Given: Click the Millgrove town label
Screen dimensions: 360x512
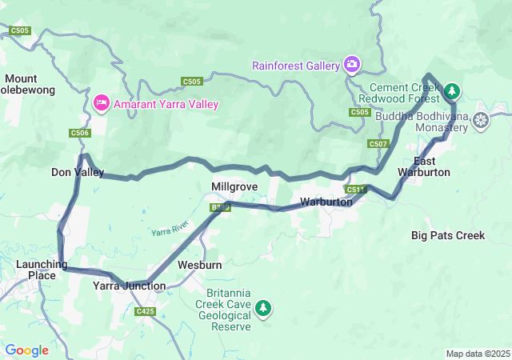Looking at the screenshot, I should (234, 186).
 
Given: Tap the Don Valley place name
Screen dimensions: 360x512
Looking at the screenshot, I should (77, 172).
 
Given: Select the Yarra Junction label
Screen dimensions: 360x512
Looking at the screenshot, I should (129, 286).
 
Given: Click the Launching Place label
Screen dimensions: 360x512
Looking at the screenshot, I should (36, 270).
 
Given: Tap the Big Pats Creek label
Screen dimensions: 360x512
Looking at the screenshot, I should (448, 235).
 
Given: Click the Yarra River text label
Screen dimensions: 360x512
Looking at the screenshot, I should (170, 230).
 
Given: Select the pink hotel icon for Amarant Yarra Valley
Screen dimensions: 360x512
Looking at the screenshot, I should (102, 103).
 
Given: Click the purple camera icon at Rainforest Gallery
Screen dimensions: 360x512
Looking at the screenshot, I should (351, 64).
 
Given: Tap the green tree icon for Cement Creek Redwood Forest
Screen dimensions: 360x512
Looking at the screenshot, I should (452, 92).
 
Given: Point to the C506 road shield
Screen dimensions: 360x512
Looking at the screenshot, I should (80, 134).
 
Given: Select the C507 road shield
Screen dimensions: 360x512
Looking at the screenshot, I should (378, 144).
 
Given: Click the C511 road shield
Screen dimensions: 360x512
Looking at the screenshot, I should (356, 190).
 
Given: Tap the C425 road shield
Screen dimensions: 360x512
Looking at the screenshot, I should (146, 311).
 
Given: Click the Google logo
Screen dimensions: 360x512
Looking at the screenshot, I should (26, 350).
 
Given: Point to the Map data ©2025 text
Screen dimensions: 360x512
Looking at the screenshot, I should (477, 354).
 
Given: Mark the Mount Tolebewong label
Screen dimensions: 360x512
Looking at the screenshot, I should (30, 84).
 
